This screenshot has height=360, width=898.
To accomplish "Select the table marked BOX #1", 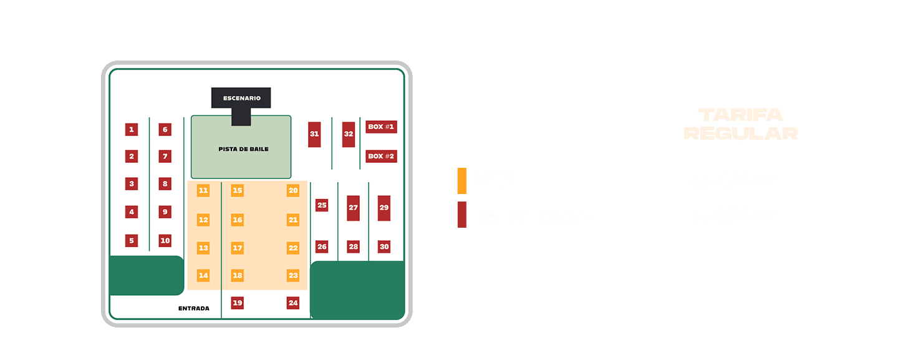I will point(381,127).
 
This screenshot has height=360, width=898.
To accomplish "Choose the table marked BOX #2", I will point(381,156).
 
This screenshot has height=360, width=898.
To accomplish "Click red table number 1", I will point(131,130).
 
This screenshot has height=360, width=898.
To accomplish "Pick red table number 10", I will point(165,241).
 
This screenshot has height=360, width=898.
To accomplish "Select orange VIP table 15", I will point(237,190).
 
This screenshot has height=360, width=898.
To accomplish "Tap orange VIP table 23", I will point(293,275).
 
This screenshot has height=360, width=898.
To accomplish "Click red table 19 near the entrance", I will point(237,303).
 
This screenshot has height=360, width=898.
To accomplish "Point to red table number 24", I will point(293,303).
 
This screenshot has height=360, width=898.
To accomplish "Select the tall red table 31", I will point(314,134).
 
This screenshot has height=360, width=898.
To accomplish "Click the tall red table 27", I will point(354,208).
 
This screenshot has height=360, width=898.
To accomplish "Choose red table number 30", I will point(384,247).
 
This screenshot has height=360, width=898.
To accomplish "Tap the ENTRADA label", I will point(194,308).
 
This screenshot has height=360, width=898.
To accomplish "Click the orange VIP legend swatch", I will point(461,180).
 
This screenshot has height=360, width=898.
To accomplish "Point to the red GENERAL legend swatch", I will point(461,215).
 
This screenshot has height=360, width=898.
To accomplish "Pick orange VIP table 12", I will point(203,220).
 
